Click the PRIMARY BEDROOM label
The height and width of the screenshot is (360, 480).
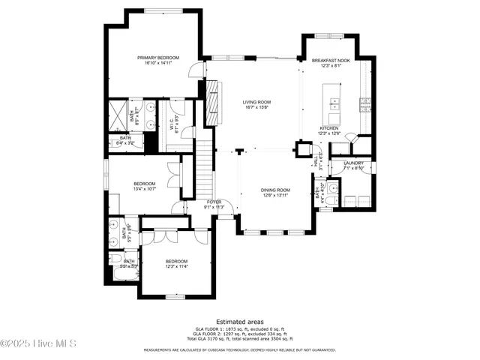[154, 58]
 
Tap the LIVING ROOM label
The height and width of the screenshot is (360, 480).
[256, 102]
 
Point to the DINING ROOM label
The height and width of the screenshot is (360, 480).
[275, 190]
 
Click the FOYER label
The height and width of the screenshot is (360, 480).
[214, 202]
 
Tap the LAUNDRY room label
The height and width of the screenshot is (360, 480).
[354, 163]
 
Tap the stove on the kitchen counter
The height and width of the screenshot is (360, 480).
[364, 101]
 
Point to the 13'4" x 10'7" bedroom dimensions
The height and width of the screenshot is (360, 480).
[144, 189]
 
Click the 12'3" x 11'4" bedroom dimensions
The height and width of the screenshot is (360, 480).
[176, 265]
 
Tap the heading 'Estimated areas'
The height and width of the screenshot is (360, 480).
[239, 321]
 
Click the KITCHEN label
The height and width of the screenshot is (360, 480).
[329, 128]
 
